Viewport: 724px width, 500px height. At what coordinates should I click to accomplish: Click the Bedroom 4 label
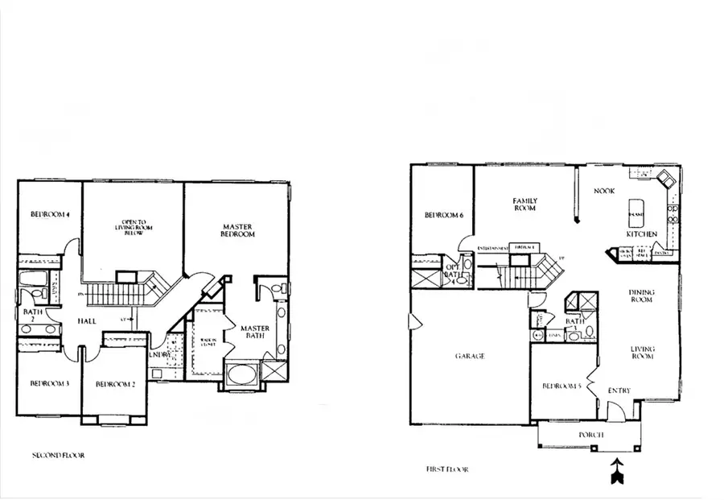50,214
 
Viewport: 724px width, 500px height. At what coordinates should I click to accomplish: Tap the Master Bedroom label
237,229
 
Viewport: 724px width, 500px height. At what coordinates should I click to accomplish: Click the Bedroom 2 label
114,384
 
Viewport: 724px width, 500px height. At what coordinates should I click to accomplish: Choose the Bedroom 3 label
49,383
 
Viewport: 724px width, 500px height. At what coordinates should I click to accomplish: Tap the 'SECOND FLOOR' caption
58,456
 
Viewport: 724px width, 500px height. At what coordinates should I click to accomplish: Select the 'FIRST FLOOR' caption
446,469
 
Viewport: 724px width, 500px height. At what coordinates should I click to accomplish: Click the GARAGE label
469,355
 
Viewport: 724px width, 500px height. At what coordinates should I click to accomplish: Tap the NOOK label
604,191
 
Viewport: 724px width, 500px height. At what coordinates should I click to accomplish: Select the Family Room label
525,204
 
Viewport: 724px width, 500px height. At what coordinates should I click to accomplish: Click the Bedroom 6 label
444,215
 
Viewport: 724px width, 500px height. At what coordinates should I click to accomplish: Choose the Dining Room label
641,295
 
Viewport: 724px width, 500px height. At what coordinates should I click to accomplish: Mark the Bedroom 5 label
561,386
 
